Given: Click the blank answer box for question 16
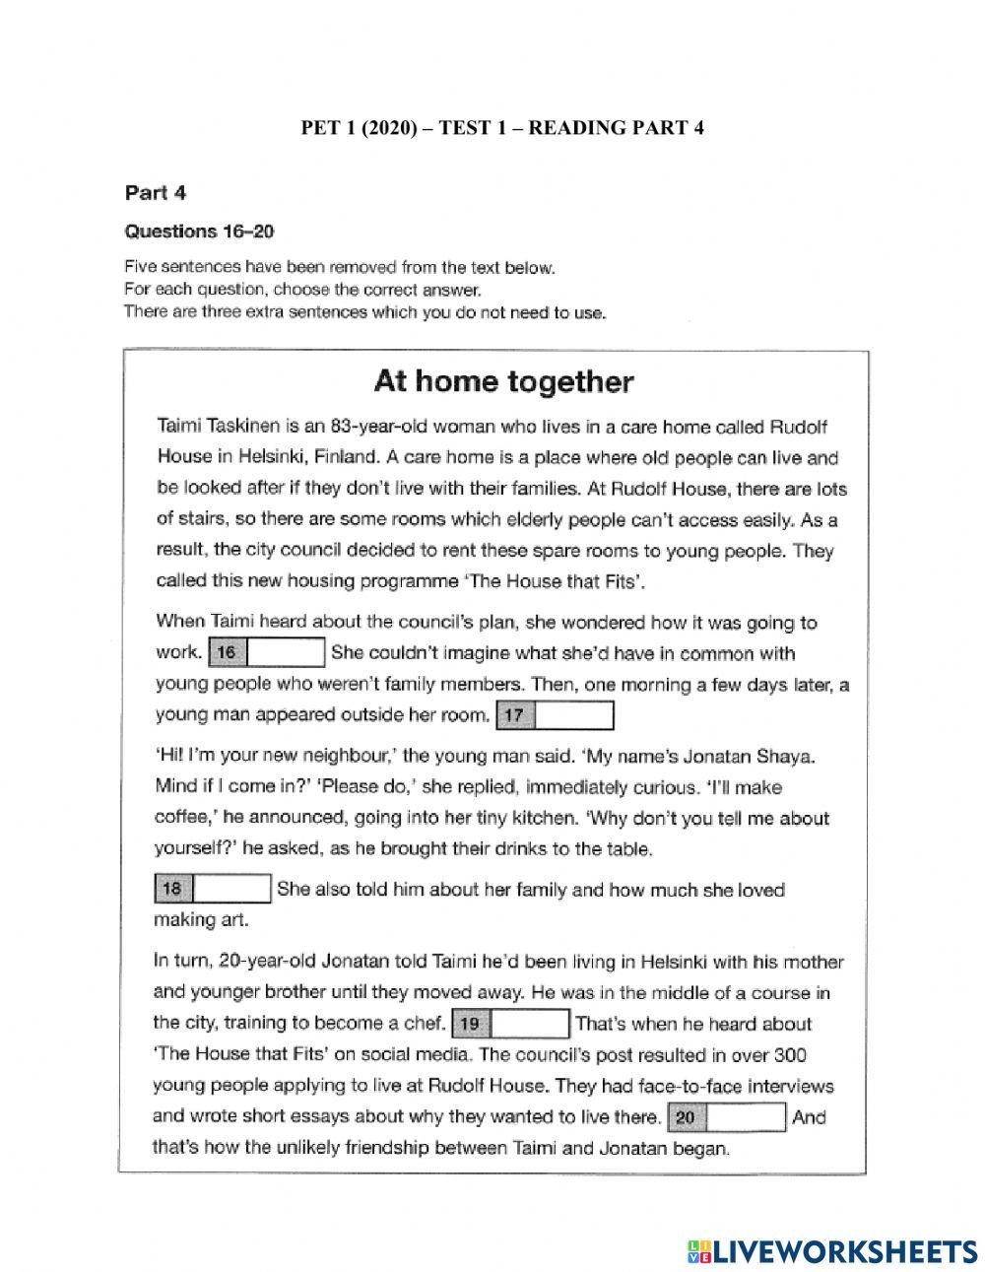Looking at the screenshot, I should [286, 652].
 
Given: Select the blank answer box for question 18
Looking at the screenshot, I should [232, 889].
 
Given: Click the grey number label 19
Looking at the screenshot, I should [471, 1024].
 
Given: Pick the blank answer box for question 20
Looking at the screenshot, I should [747, 1117].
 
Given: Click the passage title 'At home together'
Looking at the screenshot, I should [502, 381].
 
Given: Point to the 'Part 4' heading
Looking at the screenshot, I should [155, 192].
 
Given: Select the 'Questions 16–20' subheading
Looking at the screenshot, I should [198, 232].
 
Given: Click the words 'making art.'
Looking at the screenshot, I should [199, 919].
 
